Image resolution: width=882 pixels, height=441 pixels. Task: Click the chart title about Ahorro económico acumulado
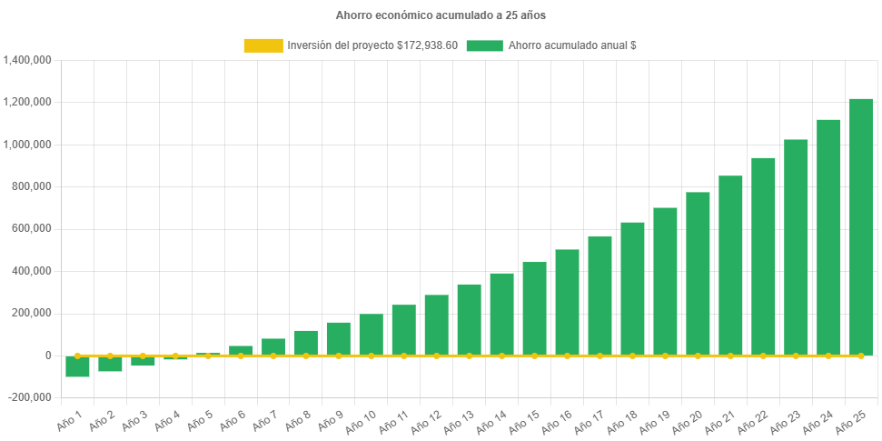pyautogui.click(x=441, y=15)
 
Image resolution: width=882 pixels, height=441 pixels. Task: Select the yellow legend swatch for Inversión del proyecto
pyautogui.click(x=263, y=45)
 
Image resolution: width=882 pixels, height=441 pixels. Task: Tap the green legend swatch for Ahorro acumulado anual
pyautogui.click(x=484, y=45)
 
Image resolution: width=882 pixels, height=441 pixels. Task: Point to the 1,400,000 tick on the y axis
pyautogui.click(x=28, y=60)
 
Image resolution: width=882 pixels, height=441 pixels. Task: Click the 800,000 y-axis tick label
pyautogui.click(x=33, y=186)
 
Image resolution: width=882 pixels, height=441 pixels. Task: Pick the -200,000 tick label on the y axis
pyautogui.click(x=31, y=397)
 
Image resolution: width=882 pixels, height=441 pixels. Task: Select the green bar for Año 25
pyautogui.click(x=861, y=226)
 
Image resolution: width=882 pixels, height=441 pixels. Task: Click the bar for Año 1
pyautogui.click(x=77, y=366)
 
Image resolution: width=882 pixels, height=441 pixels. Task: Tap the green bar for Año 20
pyautogui.click(x=698, y=273)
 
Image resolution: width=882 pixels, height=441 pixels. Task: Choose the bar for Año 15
pyautogui.click(x=534, y=308)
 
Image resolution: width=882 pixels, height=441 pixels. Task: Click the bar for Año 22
pyautogui.click(x=763, y=256)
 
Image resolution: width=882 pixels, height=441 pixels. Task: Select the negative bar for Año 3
pyautogui.click(x=143, y=360)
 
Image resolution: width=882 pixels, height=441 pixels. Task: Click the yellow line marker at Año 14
pyautogui.click(x=501, y=356)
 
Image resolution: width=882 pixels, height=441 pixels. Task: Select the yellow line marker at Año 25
pyautogui.click(x=861, y=356)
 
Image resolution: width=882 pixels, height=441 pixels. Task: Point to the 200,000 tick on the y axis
pyautogui.click(x=33, y=313)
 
